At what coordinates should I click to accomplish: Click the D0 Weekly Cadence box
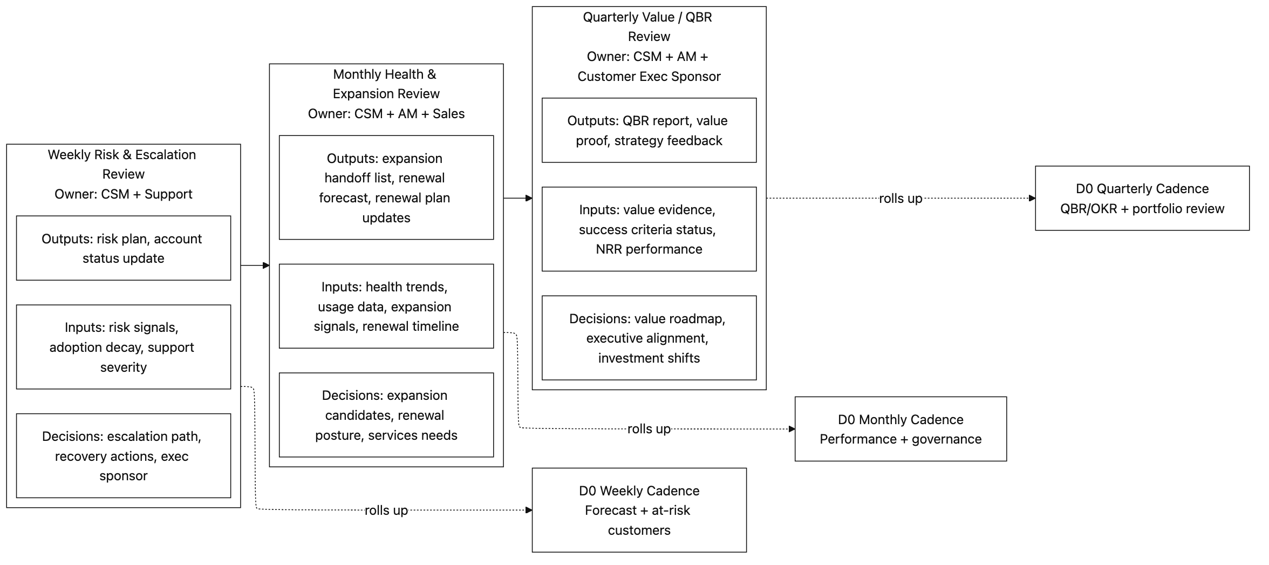click(639, 510)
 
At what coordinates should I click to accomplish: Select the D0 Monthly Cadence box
click(900, 429)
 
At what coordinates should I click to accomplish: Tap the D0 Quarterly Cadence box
click(1142, 198)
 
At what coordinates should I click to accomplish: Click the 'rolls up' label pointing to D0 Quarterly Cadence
click(900, 199)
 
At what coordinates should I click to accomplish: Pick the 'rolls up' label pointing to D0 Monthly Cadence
click(649, 429)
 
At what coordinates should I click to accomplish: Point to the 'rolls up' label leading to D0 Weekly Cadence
click(386, 510)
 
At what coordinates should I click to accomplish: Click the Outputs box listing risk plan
click(123, 248)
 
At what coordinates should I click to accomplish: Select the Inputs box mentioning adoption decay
click(123, 347)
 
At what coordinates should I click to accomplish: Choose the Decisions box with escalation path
click(123, 455)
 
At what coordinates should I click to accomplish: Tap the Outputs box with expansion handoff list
click(386, 187)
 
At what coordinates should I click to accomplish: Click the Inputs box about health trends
click(386, 306)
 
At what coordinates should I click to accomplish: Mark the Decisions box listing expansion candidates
click(386, 415)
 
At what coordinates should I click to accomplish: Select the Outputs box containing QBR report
click(649, 130)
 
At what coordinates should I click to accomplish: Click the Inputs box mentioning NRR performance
click(649, 229)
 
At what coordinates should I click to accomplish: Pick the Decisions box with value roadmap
click(649, 338)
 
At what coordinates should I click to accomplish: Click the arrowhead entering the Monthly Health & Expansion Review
click(266, 266)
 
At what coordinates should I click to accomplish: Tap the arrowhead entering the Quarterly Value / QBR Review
click(529, 198)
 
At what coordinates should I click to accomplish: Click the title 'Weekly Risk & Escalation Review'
click(122, 164)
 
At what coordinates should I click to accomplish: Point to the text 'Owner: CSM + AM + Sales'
click(386, 114)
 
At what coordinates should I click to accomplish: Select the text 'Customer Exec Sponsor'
click(649, 77)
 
